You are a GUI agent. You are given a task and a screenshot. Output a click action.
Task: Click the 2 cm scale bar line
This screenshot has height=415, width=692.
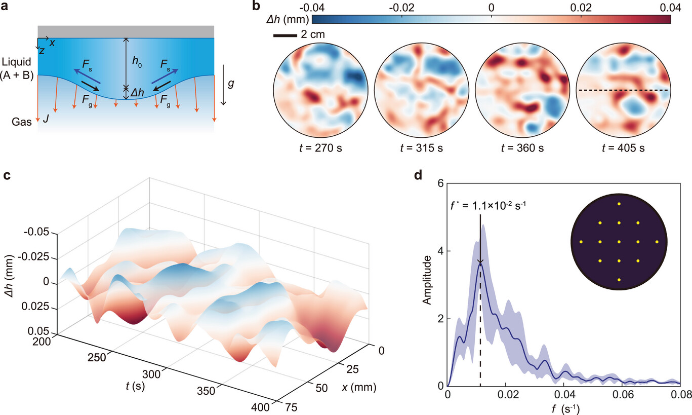coord(286,35)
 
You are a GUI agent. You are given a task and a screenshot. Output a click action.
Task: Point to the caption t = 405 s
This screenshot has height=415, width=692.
coord(624,148)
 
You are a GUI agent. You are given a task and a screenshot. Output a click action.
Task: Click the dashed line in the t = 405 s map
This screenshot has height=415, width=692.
coord(624,90)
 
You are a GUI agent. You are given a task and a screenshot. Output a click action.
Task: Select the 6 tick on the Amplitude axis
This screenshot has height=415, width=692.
coord(441,183)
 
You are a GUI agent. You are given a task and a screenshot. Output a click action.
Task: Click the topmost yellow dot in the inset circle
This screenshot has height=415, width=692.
coord(619,204)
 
